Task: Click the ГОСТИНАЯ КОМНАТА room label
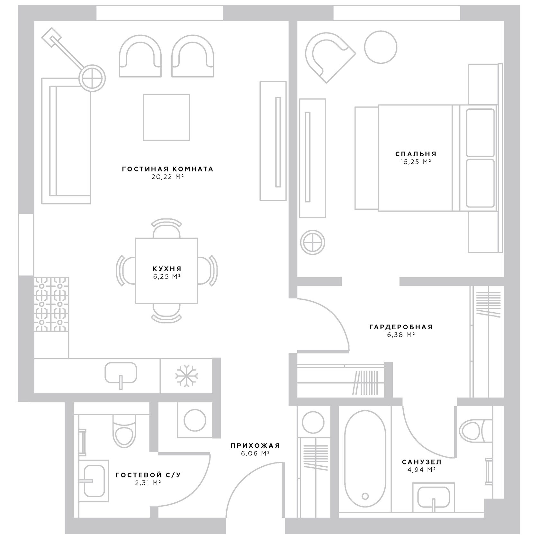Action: point(167,169)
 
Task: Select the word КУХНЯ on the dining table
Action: point(167,269)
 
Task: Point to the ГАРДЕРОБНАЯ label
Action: point(401,327)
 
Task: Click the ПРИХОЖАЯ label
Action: point(255,445)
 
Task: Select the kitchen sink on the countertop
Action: point(121,373)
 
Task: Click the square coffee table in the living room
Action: point(166,117)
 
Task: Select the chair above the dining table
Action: point(166,229)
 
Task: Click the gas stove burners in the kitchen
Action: point(51,304)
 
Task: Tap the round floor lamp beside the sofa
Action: point(93,78)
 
